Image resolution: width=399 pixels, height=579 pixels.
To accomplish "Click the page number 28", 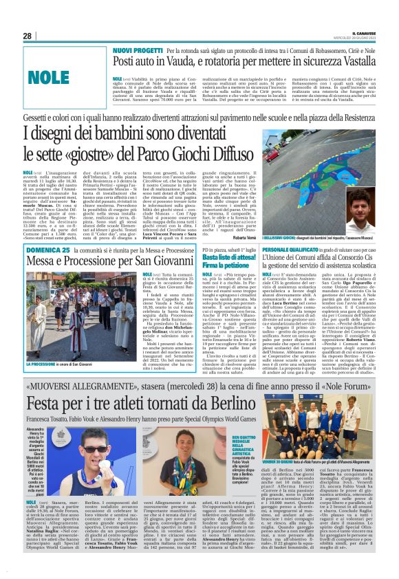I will click(28, 36).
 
